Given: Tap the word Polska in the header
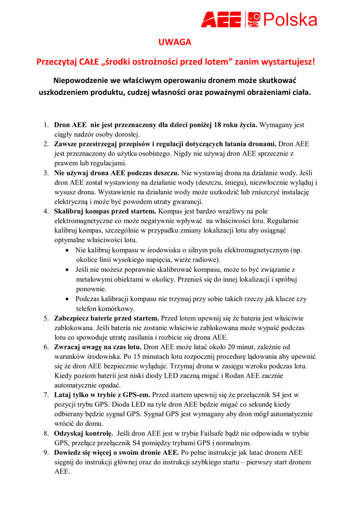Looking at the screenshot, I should [x=290, y=20].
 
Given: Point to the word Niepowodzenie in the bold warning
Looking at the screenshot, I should [x=81, y=80].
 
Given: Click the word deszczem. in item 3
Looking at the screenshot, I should [x=164, y=172].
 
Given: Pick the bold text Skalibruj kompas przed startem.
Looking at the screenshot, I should [x=105, y=211].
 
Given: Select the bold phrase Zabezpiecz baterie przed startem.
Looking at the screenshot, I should [x=107, y=318].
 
